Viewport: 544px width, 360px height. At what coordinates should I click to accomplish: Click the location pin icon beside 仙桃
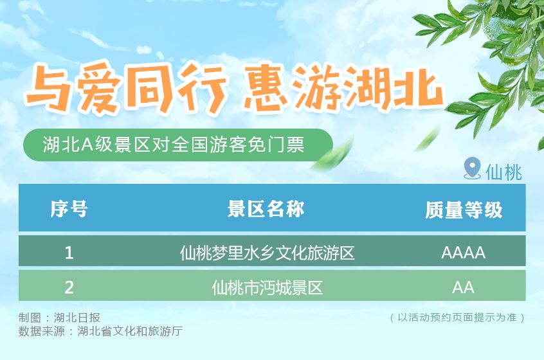[472, 168]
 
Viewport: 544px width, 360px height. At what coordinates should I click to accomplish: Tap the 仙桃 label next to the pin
[503, 172]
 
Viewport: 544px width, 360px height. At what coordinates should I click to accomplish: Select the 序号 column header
[69, 209]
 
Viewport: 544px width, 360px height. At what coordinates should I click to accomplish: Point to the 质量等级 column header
[463, 210]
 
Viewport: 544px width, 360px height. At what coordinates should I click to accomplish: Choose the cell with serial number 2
[69, 287]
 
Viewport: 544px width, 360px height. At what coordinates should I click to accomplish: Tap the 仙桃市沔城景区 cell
[267, 287]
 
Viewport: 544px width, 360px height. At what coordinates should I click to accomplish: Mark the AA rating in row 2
[463, 287]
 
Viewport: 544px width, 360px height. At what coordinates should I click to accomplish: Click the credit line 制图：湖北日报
[59, 318]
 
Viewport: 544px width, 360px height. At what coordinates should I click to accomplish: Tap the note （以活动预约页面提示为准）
[458, 318]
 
